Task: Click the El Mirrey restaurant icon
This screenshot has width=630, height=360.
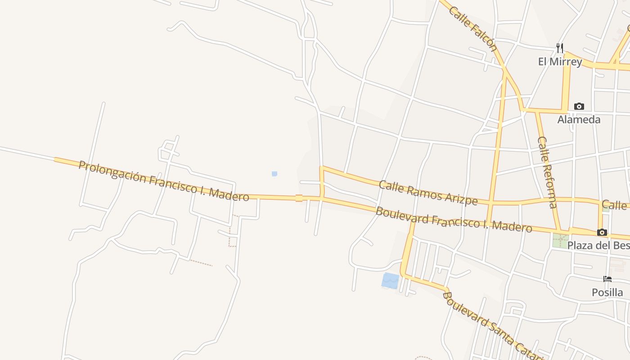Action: point(560,48)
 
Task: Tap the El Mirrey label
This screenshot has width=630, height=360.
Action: point(560,61)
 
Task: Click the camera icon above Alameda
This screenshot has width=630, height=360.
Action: point(579,107)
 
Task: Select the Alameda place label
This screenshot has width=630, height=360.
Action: point(579,119)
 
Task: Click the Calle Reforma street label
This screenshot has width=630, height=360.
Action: point(548,172)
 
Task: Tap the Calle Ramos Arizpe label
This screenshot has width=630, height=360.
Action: point(428,192)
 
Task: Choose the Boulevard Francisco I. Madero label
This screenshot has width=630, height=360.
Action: point(454,219)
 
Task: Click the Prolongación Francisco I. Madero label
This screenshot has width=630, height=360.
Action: point(164,180)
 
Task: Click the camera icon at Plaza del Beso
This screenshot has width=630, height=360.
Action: point(602,233)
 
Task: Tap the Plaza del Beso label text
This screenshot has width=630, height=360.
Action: point(598,245)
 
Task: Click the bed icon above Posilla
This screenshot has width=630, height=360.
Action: point(607,279)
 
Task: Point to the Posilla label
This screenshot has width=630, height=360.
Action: point(607,292)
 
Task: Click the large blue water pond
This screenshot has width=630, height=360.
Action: point(390,280)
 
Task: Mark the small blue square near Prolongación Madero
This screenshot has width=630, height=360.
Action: point(274,174)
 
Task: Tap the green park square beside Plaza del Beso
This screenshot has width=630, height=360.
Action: point(561,240)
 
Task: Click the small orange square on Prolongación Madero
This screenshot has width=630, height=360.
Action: point(299,198)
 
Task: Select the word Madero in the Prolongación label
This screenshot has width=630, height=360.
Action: point(230,194)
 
